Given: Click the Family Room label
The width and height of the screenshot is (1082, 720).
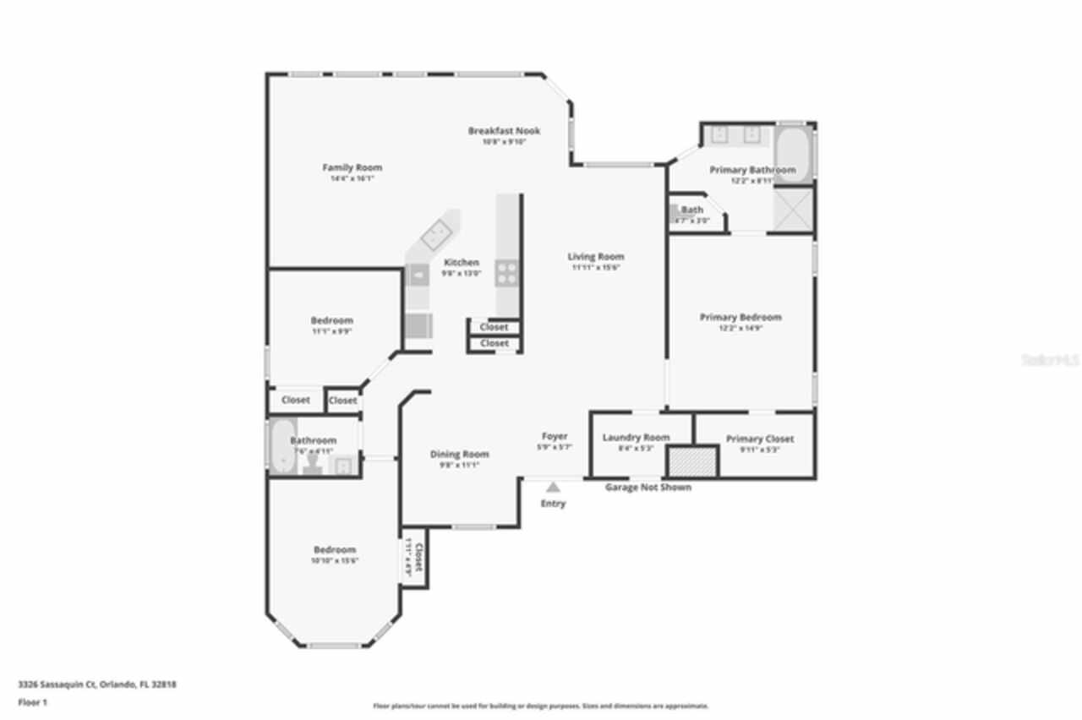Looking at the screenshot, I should click(352, 167).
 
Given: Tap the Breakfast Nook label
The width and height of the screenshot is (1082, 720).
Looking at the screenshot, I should click(504, 131).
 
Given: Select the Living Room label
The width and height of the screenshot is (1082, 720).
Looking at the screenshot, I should click(595, 257).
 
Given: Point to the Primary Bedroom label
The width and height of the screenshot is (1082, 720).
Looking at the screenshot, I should click(740, 318).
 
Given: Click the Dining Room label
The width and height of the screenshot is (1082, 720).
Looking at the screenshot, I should click(459, 455).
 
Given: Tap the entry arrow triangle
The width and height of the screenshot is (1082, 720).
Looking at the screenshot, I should click(553, 487).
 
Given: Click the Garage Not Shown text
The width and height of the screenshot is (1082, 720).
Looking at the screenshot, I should click(648, 488).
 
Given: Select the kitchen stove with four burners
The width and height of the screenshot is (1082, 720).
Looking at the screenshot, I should click(507, 271).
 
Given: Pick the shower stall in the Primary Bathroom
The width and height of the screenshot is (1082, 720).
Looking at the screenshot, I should click(794, 209).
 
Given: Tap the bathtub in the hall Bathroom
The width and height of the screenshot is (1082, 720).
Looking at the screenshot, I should click(280, 445).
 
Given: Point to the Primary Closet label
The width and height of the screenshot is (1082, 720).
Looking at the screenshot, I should click(759, 439).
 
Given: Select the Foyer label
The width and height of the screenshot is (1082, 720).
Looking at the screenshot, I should click(555, 436).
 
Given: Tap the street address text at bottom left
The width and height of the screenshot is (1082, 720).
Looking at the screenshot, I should click(97, 685).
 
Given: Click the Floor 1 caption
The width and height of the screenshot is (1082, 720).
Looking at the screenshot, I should click(33, 702).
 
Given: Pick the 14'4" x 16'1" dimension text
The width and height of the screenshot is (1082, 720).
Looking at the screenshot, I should click(352, 179).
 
